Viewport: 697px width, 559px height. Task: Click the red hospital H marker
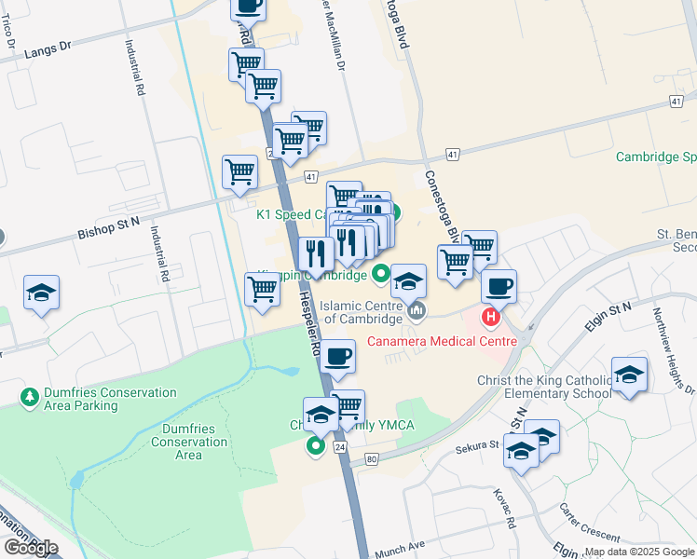(491, 319)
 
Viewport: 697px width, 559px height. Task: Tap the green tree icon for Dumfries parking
(30, 398)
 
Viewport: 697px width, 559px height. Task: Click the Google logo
(30, 548)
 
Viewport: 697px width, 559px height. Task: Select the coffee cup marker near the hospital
(499, 287)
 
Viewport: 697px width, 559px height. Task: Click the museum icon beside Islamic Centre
(416, 309)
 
